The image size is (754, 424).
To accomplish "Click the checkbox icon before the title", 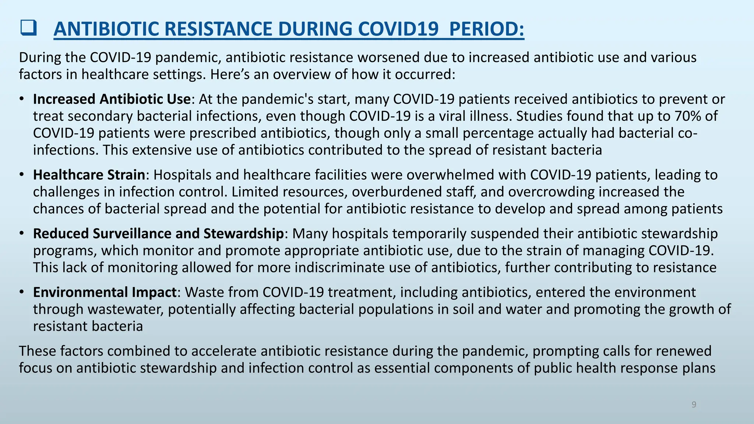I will pyautogui.click(x=28, y=28).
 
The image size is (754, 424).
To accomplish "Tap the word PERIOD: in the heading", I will pyautogui.click(x=487, y=29).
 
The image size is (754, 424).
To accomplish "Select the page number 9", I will pyautogui.click(x=694, y=405).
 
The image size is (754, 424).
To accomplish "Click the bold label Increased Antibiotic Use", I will pyautogui.click(x=112, y=99).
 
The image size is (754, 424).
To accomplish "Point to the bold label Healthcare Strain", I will pyautogui.click(x=89, y=175).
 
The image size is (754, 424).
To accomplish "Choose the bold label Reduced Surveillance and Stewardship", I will pyautogui.click(x=158, y=234).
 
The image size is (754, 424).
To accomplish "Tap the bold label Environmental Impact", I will pyautogui.click(x=105, y=292).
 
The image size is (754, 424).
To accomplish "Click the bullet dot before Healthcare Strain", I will pyautogui.click(x=22, y=174).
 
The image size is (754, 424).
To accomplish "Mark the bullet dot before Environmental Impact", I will pyautogui.click(x=22, y=291).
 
